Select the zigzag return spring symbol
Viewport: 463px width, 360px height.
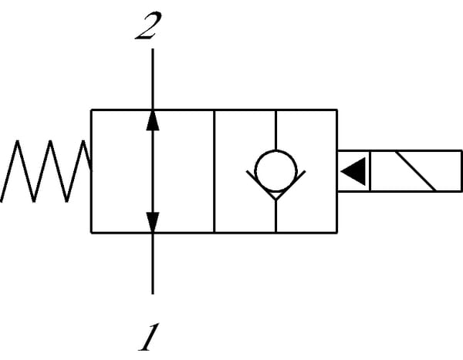coord(46,171)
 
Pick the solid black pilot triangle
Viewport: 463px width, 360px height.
coord(353,171)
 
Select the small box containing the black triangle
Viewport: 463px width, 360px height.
coord(353,171)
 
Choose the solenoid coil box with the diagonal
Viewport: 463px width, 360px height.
coord(414,171)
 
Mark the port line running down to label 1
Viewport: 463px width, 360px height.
coord(153,263)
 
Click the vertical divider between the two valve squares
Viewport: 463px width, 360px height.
coord(214,171)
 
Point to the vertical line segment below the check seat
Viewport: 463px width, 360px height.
coord(275,216)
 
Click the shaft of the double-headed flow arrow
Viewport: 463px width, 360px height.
coord(153,171)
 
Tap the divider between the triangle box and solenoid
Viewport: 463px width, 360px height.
coord(370,171)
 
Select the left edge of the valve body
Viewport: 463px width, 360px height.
coord(91,171)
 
